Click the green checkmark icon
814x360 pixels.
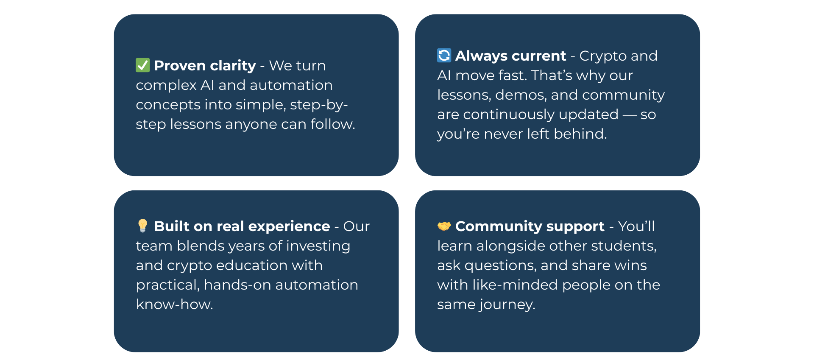coord(142,65)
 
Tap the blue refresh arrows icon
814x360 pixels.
coord(444,55)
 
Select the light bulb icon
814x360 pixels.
coord(142,226)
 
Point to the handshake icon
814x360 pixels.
coord(444,226)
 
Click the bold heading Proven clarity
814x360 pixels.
coord(205,66)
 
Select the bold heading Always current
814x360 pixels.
coord(510,56)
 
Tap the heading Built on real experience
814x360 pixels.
coord(242,226)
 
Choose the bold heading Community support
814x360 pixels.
coord(530,226)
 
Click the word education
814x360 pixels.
coord(252,265)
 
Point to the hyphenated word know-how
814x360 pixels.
coord(175,304)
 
